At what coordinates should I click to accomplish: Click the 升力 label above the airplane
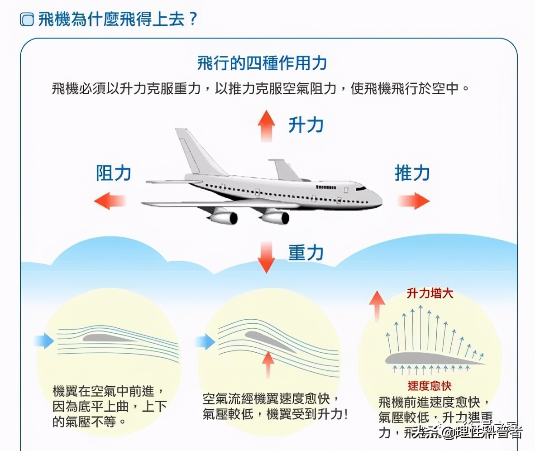(306, 125)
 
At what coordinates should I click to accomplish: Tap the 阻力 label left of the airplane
(114, 173)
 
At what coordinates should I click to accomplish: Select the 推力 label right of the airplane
(412, 173)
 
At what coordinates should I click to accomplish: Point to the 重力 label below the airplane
(306, 253)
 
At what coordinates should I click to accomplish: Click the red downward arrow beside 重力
(266, 256)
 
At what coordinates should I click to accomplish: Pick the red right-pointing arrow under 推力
(413, 200)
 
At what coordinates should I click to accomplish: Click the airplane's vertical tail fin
(192, 152)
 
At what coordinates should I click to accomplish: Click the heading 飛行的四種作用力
(262, 63)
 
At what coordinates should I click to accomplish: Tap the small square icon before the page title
(27, 20)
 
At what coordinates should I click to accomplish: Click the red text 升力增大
(430, 294)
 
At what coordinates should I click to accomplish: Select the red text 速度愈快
(430, 386)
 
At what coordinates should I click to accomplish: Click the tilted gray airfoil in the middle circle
(269, 341)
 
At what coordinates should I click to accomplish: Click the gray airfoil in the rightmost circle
(430, 359)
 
